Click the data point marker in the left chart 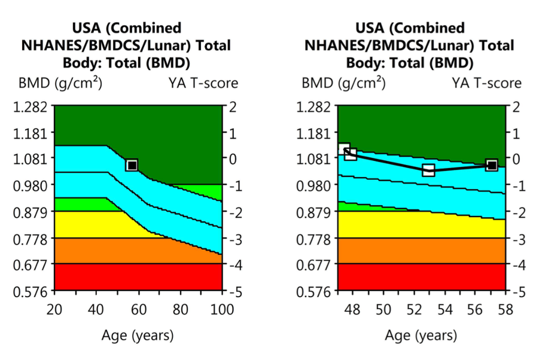click(132, 164)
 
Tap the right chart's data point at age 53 click(428, 170)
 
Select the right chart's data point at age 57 click(492, 165)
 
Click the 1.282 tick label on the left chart click(29, 107)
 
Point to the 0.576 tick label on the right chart click(313, 292)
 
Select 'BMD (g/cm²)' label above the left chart click(60, 83)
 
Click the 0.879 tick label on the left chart click(29, 212)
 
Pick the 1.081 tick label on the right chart click(313, 159)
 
